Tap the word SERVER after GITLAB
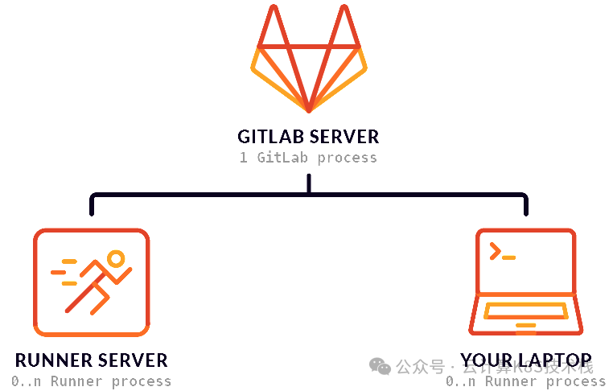(x=344, y=137)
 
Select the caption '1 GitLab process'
(x=308, y=158)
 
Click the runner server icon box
(x=91, y=282)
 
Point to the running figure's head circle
(x=117, y=259)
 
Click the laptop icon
(x=525, y=282)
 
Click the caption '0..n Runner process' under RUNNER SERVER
(x=91, y=381)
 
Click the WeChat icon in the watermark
(x=380, y=367)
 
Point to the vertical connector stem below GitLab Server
(x=309, y=184)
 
